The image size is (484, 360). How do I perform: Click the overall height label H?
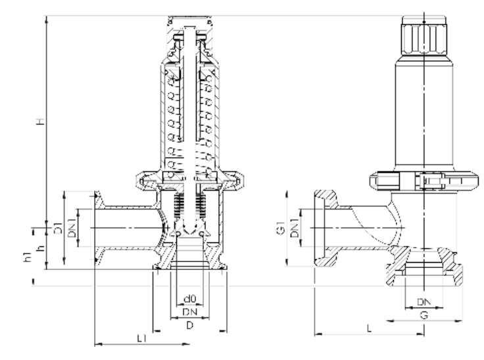[41, 121]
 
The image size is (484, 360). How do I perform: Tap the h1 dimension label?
[28, 257]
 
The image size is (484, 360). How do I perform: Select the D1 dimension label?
[58, 228]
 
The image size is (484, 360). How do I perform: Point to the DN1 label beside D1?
[72, 228]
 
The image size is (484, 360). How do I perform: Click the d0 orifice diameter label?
[190, 299]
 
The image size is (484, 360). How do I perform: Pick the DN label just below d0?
[190, 312]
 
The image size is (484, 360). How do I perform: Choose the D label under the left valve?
[190, 325]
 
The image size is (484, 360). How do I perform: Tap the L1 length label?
[141, 338]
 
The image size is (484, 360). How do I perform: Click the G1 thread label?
[281, 228]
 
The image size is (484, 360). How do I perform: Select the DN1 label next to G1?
[295, 228]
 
